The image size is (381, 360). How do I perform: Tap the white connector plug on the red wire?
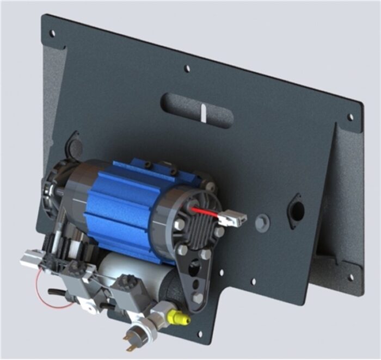236,218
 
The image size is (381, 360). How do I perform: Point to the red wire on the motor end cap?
206,212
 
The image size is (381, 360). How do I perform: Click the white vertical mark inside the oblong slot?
202,113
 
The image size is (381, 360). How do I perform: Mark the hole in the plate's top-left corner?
52,33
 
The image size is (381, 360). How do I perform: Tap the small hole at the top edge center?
187,69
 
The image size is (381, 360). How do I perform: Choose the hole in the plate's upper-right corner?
350,116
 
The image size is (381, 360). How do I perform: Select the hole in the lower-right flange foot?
350,277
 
